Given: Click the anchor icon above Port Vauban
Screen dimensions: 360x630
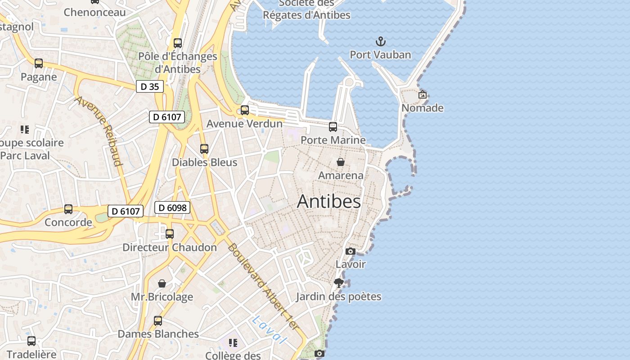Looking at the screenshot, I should coord(381,42).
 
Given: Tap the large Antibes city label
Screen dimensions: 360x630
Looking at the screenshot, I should coord(329,202).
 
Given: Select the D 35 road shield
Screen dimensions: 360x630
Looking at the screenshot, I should coord(150,86).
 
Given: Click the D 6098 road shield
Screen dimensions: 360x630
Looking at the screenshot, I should coord(172,207).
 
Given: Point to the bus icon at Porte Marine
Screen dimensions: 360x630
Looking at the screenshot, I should coord(333,127).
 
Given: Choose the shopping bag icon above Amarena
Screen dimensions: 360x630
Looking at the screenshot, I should coord(341,162).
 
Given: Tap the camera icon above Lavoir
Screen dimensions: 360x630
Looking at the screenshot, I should coord(351,251).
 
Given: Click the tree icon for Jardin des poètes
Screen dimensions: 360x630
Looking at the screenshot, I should coord(339,283).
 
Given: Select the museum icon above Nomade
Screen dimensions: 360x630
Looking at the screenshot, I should coord(422,94).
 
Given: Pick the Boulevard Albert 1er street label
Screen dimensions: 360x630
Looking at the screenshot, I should coord(263,286).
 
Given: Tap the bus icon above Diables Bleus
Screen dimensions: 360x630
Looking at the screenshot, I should coord(204,148).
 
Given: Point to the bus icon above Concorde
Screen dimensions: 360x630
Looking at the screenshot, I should coord(68,209).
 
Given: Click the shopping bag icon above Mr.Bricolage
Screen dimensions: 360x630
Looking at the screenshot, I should coord(162,283).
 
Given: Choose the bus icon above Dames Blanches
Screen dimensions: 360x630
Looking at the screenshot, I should coord(158,320).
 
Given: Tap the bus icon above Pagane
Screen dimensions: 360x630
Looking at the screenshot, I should coord(39,63).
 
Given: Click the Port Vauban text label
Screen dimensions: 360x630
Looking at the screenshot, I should coord(381,55).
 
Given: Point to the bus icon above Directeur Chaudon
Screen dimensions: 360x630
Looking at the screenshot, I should coord(170,234).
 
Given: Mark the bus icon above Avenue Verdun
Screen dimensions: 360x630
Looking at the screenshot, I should coord(245,110).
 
